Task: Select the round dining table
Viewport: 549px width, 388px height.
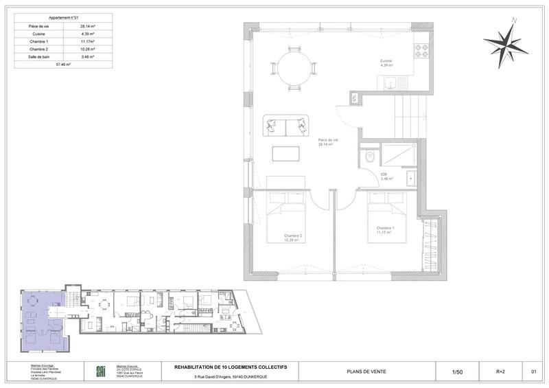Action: pos(295,67)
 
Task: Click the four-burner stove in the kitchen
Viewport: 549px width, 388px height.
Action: pos(421,52)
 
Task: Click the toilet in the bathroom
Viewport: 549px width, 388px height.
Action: pos(371,155)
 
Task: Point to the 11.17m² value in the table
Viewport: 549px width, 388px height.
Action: pos(87,41)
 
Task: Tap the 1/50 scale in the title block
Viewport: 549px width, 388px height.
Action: pos(458,372)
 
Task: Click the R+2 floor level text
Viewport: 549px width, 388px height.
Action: pos(500,372)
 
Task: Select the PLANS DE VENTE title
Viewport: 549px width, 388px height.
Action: pos(366,372)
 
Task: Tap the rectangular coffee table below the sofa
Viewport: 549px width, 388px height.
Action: pos(285,152)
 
